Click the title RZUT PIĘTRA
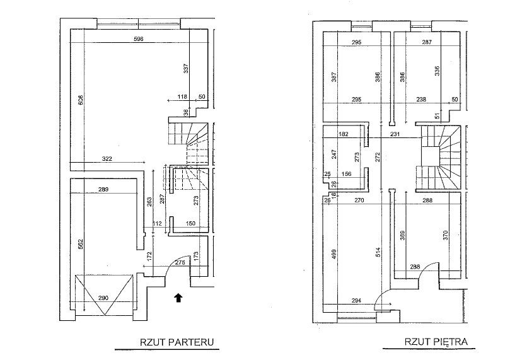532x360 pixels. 436,342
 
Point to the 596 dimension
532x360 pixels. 139,39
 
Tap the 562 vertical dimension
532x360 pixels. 81,246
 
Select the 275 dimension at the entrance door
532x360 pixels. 180,263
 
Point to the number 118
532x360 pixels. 183,96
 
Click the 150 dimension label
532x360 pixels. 190,223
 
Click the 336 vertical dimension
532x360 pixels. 436,71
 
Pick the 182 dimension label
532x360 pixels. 344,134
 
